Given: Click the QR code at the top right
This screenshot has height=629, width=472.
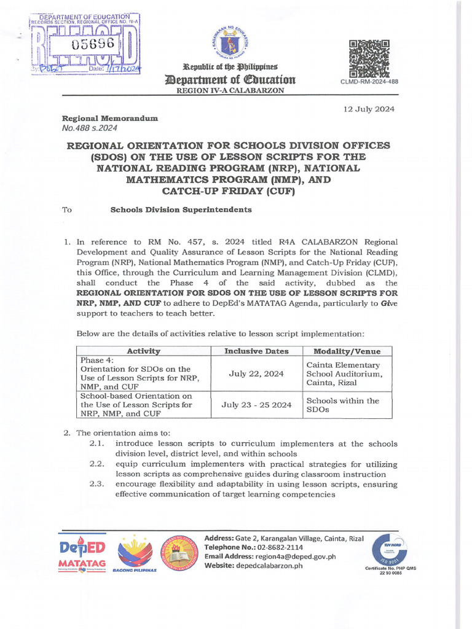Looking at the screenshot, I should (x=369, y=58).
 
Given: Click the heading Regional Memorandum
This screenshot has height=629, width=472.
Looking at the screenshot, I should (x=110, y=118).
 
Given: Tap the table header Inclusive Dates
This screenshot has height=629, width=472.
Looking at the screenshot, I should (x=257, y=351).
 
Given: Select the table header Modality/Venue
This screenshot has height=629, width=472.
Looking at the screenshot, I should (x=347, y=351).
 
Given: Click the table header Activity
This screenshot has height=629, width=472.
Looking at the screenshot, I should (x=143, y=351).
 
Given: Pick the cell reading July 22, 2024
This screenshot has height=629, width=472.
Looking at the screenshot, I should (x=257, y=373).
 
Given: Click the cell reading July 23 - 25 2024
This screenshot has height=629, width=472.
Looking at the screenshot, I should (x=257, y=405).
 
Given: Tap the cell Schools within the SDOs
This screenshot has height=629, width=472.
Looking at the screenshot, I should (x=342, y=405).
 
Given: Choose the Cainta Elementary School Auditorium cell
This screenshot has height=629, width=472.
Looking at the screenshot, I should (x=344, y=373).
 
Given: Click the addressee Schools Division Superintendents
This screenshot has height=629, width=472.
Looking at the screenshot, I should (x=181, y=210).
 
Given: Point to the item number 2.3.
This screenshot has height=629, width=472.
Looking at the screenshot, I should (x=98, y=483).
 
